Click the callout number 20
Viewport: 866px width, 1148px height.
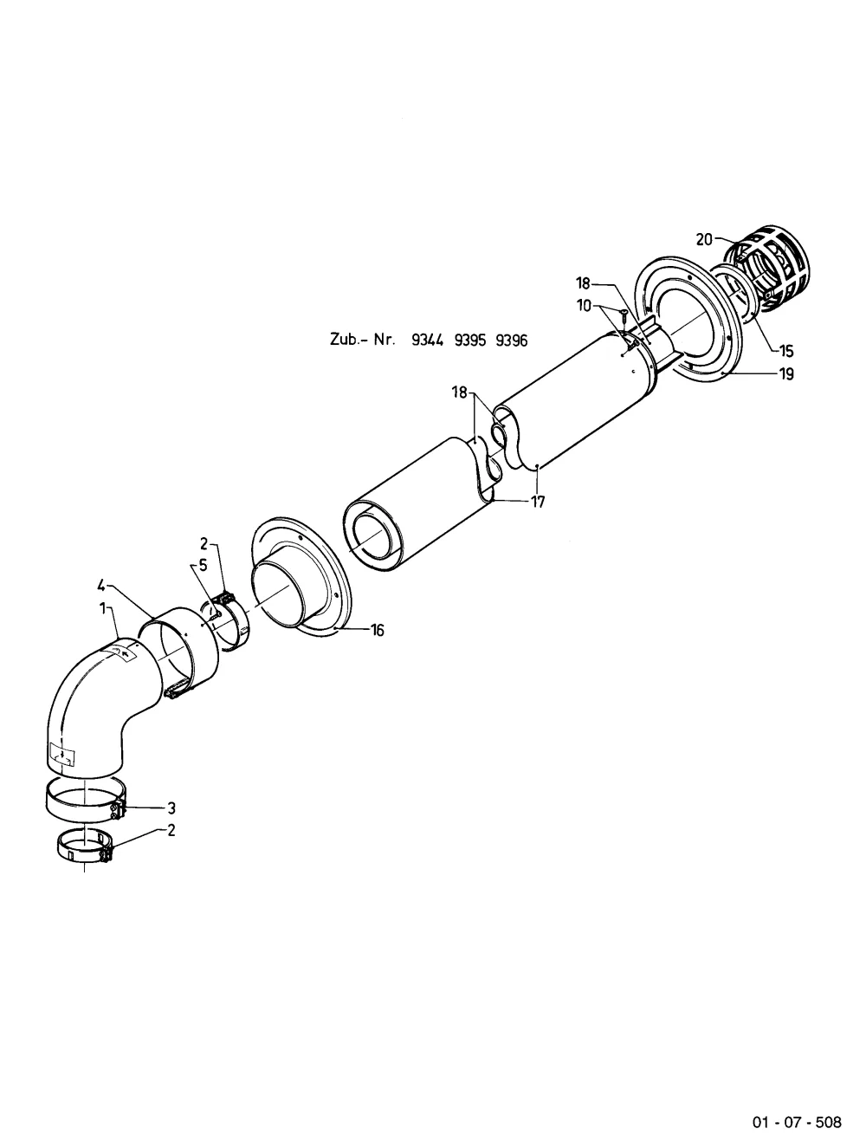pos(704,239)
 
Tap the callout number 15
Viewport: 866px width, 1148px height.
pos(786,351)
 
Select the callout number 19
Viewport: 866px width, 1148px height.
pos(786,374)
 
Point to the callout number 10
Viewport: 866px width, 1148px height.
pos(584,306)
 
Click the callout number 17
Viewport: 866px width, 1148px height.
pos(538,502)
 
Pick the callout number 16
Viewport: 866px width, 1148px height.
pos(377,630)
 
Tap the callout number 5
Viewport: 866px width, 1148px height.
pos(203,566)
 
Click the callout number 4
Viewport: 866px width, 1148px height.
pos(101,585)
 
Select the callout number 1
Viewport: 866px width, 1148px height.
pos(103,608)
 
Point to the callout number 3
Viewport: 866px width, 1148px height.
pos(171,808)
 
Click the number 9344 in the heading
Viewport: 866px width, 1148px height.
pos(427,341)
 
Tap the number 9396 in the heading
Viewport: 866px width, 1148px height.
pos(512,341)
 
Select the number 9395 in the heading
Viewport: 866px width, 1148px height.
pos(470,341)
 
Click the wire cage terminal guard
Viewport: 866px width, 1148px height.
pos(766,269)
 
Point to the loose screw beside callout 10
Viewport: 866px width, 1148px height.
pos(623,315)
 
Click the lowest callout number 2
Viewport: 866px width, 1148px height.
pos(171,830)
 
